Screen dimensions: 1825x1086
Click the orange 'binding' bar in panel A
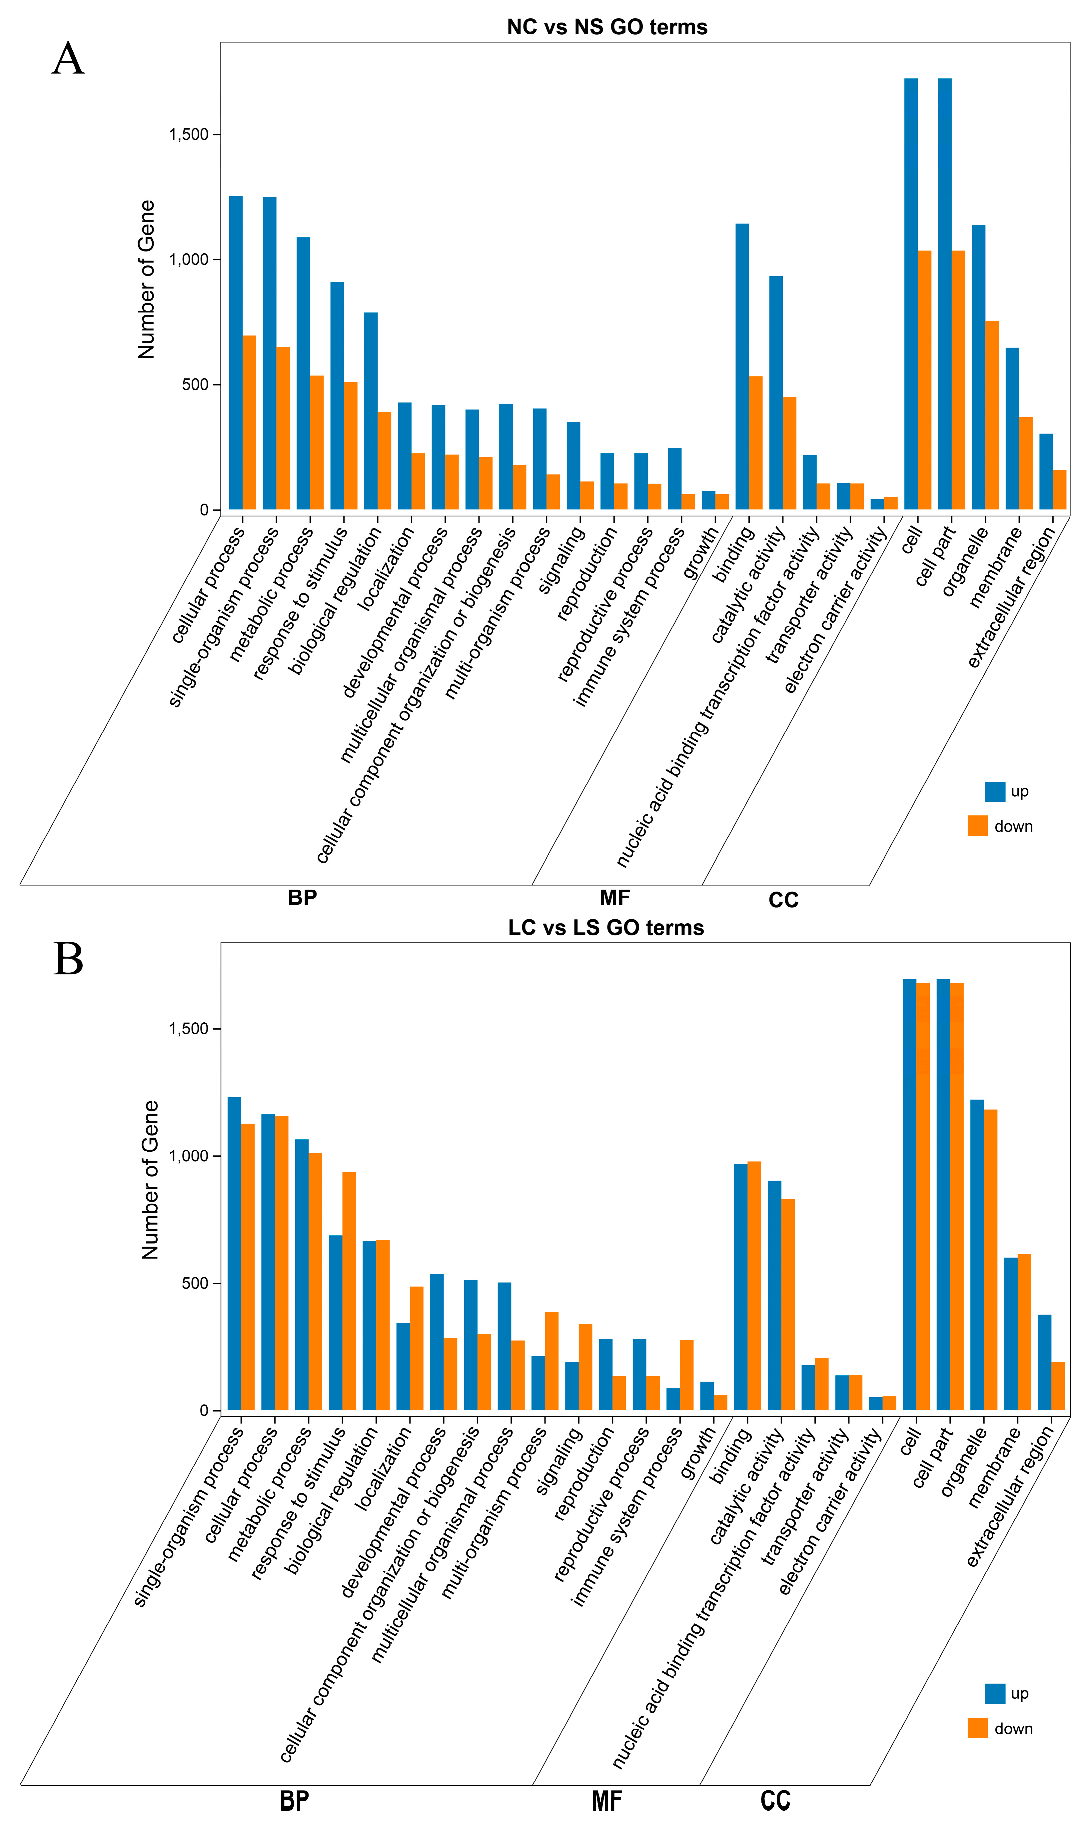[x=755, y=443]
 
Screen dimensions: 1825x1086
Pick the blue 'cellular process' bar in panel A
[x=236, y=351]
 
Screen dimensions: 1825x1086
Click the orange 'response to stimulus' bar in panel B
[x=349, y=1291]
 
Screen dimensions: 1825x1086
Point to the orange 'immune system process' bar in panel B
[x=686, y=1375]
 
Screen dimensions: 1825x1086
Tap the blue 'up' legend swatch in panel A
[x=994, y=791]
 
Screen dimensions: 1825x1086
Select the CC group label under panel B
[x=775, y=1801]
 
